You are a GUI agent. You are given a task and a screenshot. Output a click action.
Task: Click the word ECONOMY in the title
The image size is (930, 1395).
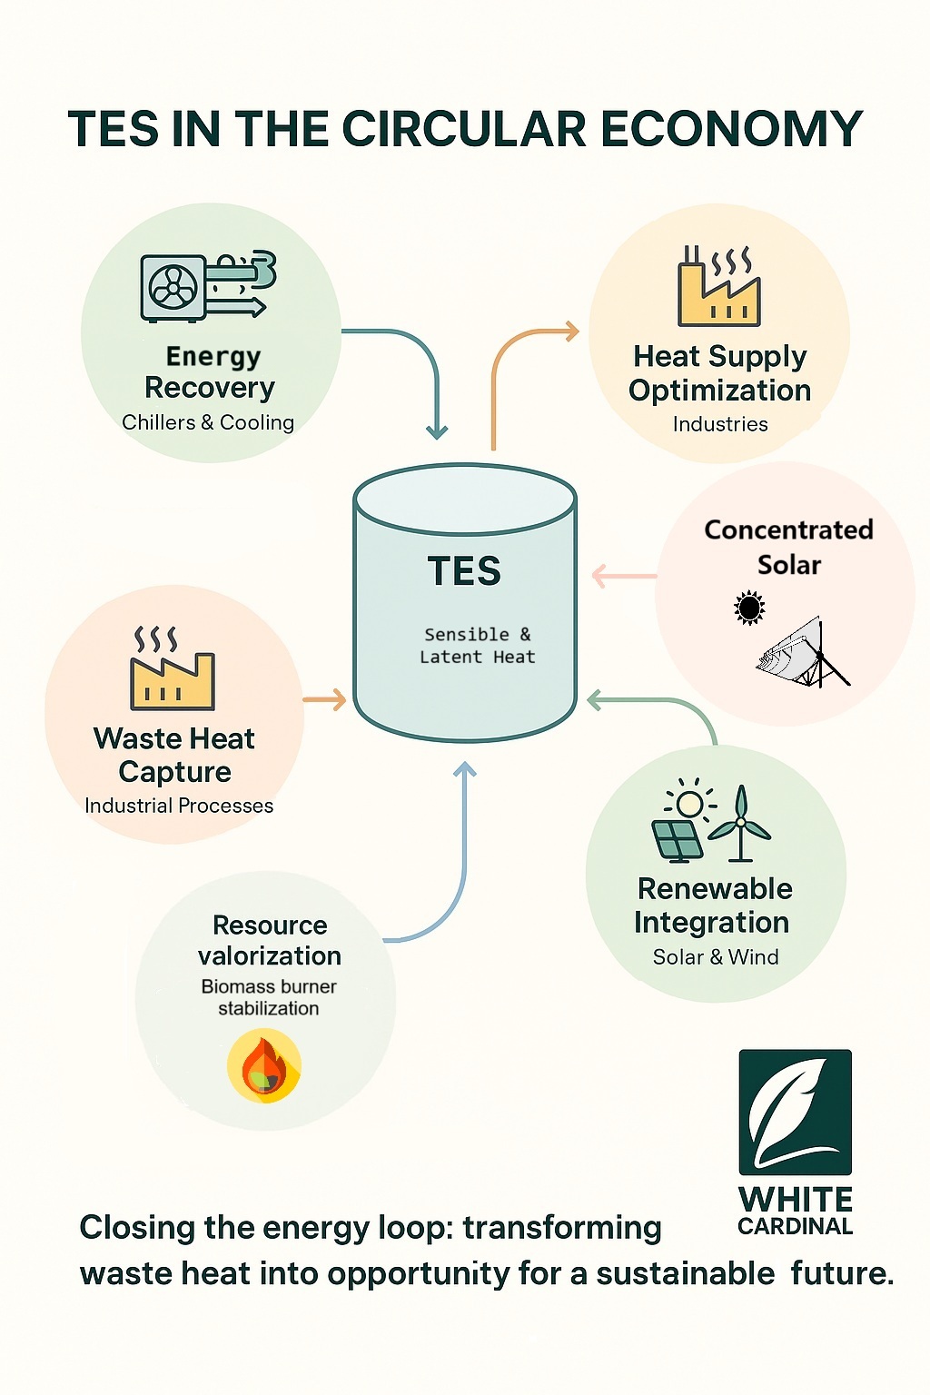tap(731, 129)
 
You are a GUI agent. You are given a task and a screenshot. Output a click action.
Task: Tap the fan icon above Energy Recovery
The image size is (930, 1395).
tap(173, 288)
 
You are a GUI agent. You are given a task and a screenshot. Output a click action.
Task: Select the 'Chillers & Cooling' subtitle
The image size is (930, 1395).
tap(208, 422)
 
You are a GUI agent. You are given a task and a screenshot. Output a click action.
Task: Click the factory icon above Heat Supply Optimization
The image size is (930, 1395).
tap(718, 287)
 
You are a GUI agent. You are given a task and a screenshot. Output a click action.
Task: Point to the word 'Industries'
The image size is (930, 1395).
tap(720, 424)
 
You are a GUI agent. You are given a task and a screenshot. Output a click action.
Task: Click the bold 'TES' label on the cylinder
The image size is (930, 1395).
tap(464, 571)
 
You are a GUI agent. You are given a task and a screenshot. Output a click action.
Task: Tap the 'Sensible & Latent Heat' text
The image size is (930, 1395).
tap(477, 646)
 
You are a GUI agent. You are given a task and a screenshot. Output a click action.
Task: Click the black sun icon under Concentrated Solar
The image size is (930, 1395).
tap(749, 608)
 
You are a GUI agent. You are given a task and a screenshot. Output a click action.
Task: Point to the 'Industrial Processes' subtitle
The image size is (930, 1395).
tap(179, 806)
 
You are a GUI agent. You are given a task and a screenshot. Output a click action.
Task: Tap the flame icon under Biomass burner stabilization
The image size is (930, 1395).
tap(263, 1066)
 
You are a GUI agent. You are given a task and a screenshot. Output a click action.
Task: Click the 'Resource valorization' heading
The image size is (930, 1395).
tap(270, 940)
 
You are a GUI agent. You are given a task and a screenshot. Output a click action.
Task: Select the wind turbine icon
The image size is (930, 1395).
tap(740, 823)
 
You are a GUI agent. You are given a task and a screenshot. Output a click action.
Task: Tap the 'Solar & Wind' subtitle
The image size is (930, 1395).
tap(716, 957)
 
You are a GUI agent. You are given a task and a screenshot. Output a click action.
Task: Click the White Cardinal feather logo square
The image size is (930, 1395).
tap(795, 1112)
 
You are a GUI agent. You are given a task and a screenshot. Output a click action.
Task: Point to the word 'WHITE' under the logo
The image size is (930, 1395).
tap(796, 1199)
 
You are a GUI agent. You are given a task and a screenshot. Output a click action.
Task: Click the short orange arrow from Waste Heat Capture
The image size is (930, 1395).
tap(324, 699)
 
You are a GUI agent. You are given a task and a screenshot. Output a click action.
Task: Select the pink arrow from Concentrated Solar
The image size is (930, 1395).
tap(624, 576)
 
